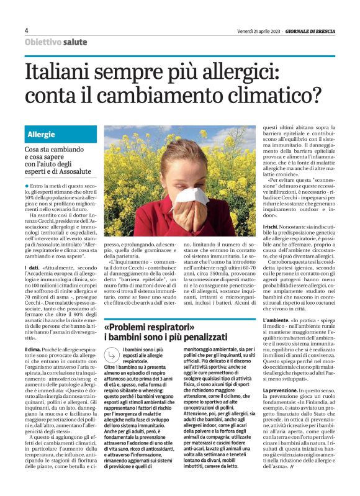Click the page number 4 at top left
coord(27,30)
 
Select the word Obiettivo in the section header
coord(43,42)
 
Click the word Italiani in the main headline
coord(58,74)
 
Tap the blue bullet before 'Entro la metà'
coord(27,186)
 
